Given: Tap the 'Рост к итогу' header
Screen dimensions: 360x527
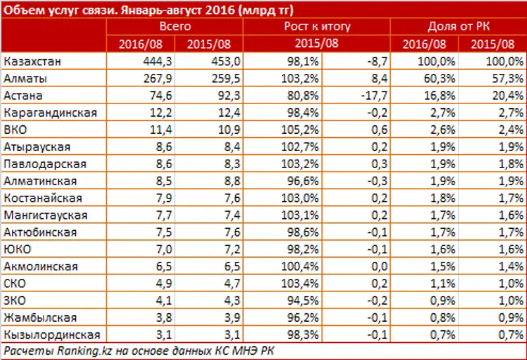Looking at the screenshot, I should coord(317,27).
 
